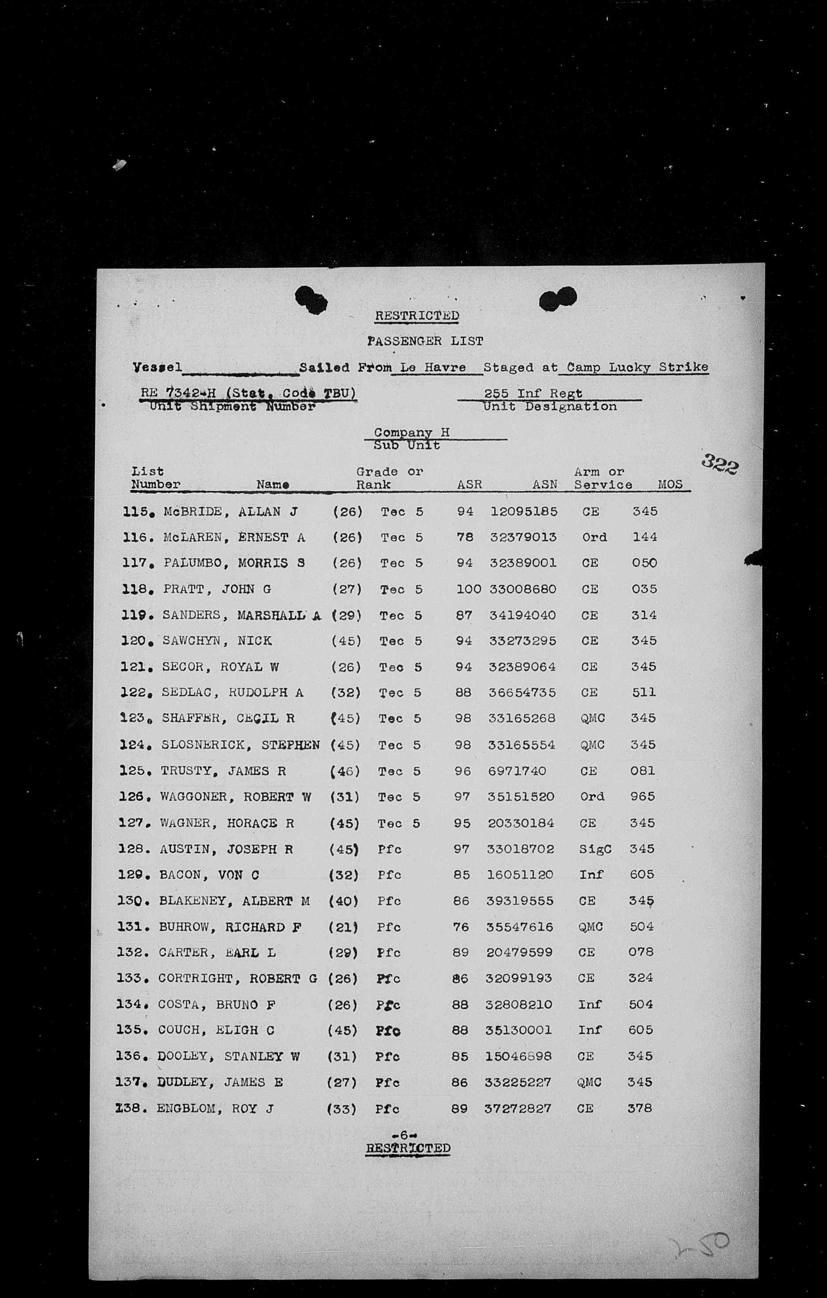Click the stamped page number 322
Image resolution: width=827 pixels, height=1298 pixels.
720,464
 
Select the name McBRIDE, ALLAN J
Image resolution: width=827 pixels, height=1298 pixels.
231,511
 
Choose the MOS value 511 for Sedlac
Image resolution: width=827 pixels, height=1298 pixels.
644,692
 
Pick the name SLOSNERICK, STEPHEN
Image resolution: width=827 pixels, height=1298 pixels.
241,745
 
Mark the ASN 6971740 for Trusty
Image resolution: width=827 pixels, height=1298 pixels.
517,771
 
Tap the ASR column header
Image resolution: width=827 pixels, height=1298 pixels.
469,484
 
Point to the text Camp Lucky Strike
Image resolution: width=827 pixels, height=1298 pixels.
637,368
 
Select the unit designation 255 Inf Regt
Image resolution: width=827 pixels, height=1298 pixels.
533,394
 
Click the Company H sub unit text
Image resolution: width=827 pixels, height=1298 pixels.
411,432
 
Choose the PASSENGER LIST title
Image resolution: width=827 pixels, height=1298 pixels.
425,341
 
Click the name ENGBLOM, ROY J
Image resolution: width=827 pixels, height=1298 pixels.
214,1108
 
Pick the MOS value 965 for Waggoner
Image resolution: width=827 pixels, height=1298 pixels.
642,797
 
